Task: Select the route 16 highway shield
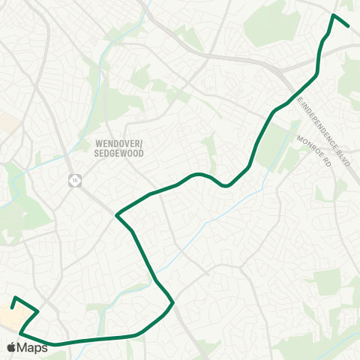coord(74,180)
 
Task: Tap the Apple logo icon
coord(11,347)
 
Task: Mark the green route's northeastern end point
coord(349,25)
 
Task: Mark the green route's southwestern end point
coord(12,307)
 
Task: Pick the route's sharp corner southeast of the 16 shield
coord(116,216)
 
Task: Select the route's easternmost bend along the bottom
coord(173,302)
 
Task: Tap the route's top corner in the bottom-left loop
coord(15,297)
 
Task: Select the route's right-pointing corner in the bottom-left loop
coord(38,310)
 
